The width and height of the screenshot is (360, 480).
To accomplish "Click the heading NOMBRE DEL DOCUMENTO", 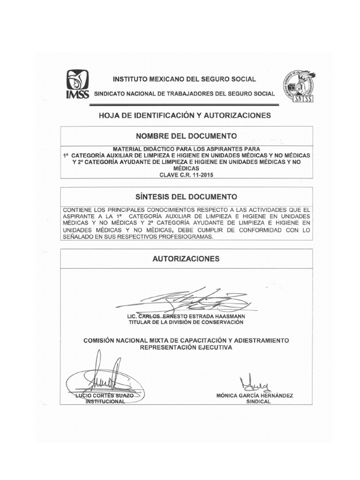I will click(186, 136).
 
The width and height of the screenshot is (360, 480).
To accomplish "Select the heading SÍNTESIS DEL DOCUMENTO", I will click(186, 196).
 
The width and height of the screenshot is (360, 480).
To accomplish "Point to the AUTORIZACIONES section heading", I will click(186, 258).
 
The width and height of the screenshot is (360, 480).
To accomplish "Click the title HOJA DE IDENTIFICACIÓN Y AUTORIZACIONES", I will click(185, 115).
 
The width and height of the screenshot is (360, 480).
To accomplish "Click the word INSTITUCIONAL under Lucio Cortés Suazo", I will click(103, 402).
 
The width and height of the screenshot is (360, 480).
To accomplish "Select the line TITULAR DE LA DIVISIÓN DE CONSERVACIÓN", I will click(186, 322).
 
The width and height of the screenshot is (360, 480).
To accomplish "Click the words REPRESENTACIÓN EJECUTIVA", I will click(186, 347).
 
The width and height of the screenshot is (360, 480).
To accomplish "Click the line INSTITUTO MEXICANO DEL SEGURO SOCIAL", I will click(183, 79).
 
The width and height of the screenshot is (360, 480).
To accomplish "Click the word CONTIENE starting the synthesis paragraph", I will click(78, 209).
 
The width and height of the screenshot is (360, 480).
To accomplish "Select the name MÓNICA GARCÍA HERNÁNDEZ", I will click(255, 396).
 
